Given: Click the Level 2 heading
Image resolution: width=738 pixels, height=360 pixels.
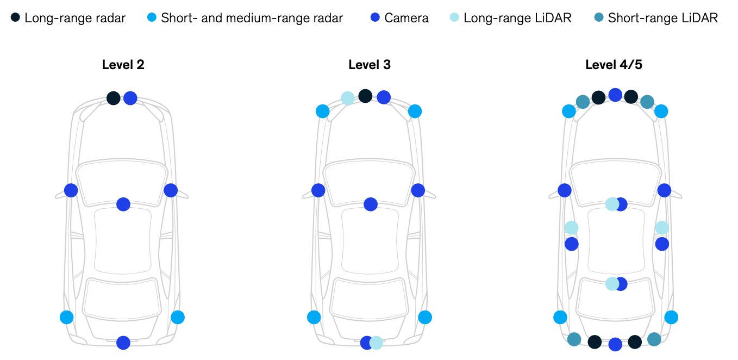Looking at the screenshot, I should point(123,65).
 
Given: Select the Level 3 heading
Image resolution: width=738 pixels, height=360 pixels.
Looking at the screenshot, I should point(370,65).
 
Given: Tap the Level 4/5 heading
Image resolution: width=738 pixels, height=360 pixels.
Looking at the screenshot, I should point(614,65).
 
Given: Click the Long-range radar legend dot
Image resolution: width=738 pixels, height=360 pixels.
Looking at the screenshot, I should point(15,18).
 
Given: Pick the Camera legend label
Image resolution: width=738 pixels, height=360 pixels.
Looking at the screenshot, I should point(406,18).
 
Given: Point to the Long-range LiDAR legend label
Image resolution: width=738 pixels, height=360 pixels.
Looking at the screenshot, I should point(517,18).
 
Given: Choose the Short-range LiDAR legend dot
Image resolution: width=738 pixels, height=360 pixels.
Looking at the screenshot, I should point(599,18).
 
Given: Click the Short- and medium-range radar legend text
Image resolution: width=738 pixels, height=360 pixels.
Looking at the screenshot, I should point(252,18).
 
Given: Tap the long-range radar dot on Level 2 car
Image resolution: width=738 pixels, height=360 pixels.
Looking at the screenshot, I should point(113,98).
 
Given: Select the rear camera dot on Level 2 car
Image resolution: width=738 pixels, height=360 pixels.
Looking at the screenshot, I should point(123,343).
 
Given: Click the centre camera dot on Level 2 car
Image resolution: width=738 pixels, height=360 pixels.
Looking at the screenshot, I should point(123,204).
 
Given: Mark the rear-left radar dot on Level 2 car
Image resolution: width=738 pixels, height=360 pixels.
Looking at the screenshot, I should point(66,317).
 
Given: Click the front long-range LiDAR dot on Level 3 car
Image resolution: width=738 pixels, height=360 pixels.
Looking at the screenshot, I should point(348,98).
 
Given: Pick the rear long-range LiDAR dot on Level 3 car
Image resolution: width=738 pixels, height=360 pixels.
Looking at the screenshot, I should point(377,343).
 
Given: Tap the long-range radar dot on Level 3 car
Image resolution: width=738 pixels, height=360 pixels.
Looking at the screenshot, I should point(365,96).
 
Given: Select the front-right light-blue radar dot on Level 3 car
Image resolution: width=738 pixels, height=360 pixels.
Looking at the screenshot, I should point(415,111).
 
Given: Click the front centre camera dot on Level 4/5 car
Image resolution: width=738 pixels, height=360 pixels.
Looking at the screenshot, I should point(615,95).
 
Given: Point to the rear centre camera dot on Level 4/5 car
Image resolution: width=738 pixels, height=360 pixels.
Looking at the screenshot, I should point(615,344).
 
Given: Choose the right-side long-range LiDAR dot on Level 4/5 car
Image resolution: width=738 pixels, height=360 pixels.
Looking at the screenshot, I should point(661,227).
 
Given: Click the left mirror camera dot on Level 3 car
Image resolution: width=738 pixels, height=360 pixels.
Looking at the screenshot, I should point(318,190).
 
